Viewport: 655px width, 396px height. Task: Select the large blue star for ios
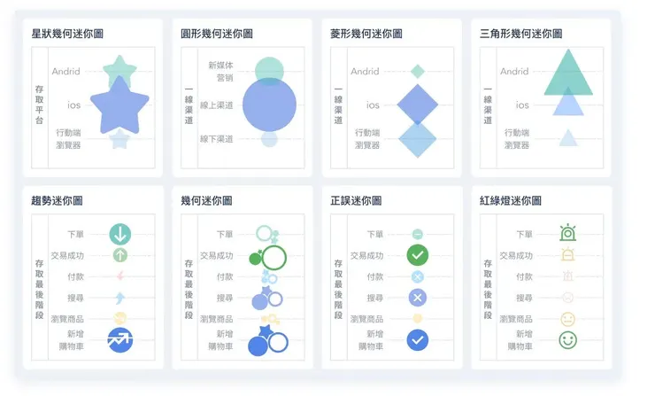point(119,104)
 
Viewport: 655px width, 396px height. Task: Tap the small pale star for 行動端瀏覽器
point(119,139)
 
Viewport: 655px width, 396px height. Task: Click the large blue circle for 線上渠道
point(269,105)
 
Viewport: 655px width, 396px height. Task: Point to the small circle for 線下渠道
point(269,139)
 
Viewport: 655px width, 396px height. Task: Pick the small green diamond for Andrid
point(418,71)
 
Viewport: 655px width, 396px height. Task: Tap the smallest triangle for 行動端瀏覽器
point(567,138)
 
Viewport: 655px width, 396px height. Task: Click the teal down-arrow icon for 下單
point(120,234)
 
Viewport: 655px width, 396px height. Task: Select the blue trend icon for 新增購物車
point(120,340)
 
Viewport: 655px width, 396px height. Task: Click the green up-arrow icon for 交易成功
point(120,255)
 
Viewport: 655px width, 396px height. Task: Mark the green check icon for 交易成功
point(418,255)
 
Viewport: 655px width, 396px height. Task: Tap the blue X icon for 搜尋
point(418,298)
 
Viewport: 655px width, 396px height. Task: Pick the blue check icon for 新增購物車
point(418,340)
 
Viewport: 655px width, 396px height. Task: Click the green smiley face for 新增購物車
point(567,340)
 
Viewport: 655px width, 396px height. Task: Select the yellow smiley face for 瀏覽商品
point(567,319)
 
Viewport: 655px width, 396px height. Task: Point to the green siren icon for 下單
point(567,234)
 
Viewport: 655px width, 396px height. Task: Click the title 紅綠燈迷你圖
point(511,201)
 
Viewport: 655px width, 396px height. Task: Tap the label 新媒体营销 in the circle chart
point(220,71)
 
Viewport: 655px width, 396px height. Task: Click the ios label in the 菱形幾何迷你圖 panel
point(373,105)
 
